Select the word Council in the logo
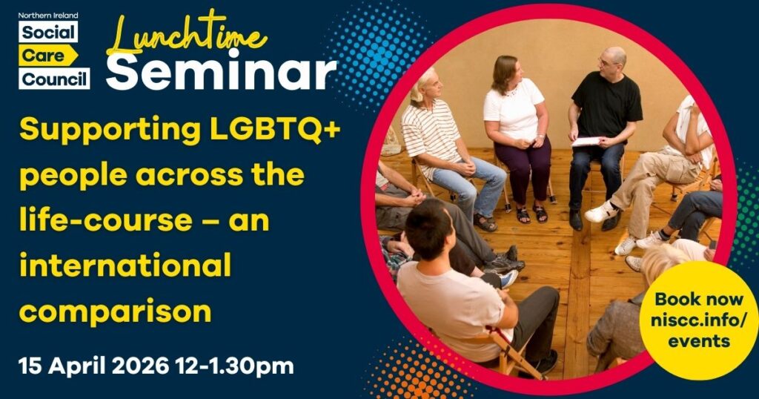[54, 78]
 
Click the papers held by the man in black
[587, 141]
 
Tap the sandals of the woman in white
[531, 214]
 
